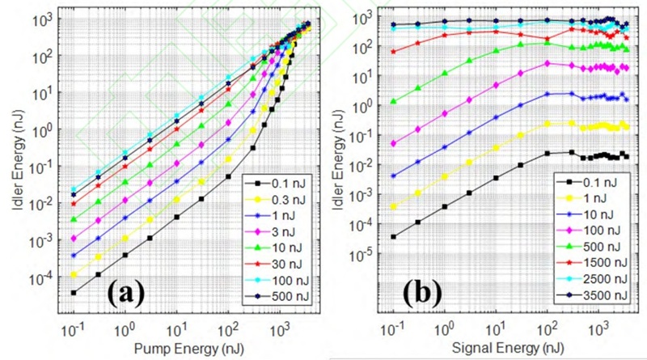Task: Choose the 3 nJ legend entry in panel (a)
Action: click(283, 238)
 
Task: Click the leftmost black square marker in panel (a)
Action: click(73, 292)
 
